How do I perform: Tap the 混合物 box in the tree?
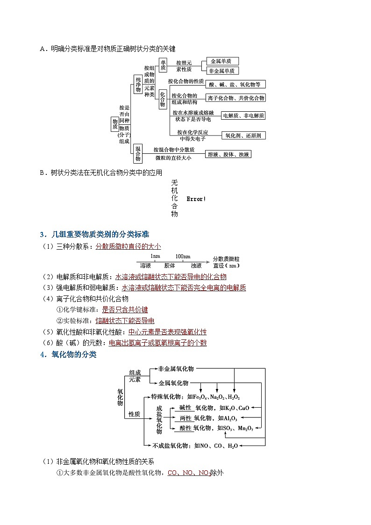pyautogui.click(x=138, y=153)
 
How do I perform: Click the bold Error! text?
pyautogui.click(x=196, y=199)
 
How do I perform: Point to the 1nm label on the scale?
pyautogui.click(x=156, y=257)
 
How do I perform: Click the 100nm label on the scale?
pyautogui.click(x=183, y=257)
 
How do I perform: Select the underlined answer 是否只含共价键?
pyautogui.click(x=125, y=309)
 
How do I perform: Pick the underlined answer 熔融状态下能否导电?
pyautogui.click(x=125, y=321)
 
